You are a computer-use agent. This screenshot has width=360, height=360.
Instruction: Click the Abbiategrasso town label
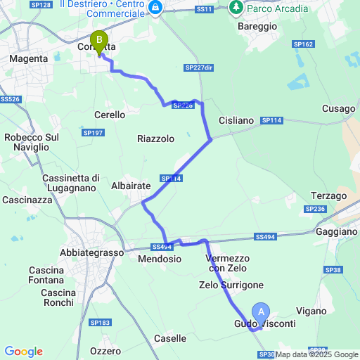(x=91, y=252)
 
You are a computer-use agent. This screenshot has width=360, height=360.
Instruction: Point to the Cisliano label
(x=236, y=120)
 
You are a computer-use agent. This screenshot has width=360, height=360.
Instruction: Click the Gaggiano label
(x=337, y=231)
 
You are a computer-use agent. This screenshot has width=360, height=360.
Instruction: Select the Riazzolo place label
(x=155, y=139)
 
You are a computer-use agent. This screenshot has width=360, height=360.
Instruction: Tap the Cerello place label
(x=110, y=115)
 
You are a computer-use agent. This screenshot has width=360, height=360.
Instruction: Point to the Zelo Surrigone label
(x=231, y=285)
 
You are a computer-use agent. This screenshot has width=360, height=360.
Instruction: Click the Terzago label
(x=330, y=195)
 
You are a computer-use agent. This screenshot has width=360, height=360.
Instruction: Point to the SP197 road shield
(x=93, y=132)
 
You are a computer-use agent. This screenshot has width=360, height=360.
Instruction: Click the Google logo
(x=23, y=351)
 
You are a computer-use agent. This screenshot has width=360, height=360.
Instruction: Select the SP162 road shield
(x=304, y=44)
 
